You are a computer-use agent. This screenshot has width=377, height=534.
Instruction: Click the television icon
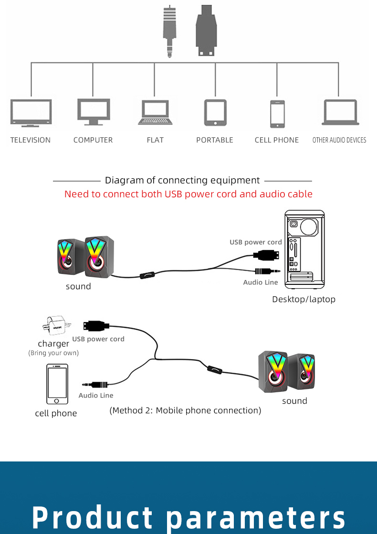(x=31, y=113)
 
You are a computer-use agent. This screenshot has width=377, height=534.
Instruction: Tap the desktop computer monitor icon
(x=94, y=112)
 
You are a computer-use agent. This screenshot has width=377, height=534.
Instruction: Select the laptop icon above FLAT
(x=155, y=113)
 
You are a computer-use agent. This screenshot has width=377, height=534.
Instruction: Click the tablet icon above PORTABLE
(x=215, y=113)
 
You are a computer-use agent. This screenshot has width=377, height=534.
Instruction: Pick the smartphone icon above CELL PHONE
(x=277, y=114)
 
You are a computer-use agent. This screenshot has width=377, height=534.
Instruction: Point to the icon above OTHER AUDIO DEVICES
(x=340, y=112)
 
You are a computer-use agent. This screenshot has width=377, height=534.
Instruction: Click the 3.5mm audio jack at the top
(x=169, y=31)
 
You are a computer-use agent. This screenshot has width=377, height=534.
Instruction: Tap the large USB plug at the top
(x=206, y=30)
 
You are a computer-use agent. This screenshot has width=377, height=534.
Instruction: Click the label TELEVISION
(x=31, y=140)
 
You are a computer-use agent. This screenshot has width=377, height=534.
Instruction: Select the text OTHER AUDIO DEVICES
(x=339, y=140)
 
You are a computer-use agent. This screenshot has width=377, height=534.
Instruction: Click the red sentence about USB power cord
(x=188, y=194)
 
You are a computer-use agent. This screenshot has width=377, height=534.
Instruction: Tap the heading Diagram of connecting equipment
(x=182, y=180)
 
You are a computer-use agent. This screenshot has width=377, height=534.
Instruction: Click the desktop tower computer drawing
(x=305, y=250)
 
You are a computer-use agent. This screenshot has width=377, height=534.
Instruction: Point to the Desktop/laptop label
(x=304, y=299)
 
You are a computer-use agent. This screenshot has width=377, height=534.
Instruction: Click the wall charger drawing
(x=56, y=326)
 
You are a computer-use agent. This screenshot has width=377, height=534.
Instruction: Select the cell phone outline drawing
(x=57, y=385)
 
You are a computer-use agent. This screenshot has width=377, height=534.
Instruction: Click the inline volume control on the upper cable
(x=147, y=275)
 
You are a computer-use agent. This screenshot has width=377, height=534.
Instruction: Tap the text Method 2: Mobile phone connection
(x=186, y=410)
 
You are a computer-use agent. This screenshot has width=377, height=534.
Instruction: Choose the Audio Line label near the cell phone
(x=96, y=395)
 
